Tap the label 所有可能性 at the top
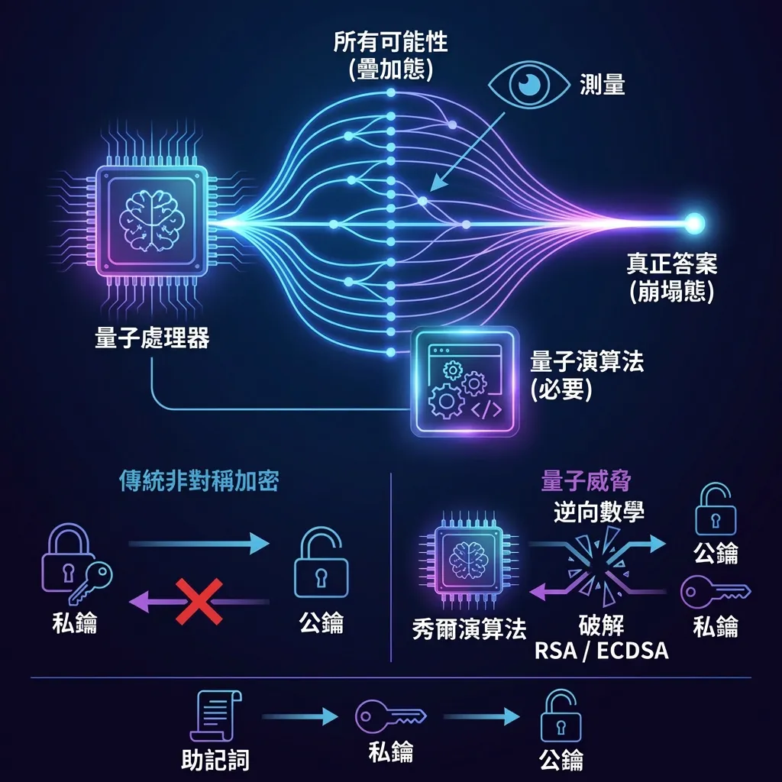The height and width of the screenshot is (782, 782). [x=390, y=42]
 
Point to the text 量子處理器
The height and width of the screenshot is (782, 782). [x=152, y=338]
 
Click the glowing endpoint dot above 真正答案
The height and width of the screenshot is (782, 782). [x=693, y=223]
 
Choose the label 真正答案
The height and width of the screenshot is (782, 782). [x=672, y=263]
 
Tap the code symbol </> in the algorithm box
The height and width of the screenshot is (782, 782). [x=486, y=410]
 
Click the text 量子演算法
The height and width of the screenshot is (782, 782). [x=587, y=361]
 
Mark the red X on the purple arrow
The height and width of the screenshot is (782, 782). [x=199, y=602]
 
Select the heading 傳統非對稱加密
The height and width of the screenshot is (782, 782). [x=199, y=481]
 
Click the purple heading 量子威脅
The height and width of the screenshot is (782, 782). [x=586, y=481]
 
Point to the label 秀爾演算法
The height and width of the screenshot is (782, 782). [x=470, y=629]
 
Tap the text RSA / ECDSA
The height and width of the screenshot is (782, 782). [x=602, y=651]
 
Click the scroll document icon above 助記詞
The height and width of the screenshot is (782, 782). [x=216, y=716]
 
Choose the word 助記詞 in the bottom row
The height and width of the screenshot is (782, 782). [x=215, y=760]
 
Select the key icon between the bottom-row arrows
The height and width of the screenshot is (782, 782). [x=391, y=716]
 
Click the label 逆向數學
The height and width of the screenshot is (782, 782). [x=599, y=512]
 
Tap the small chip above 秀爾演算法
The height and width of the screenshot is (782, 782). [x=469, y=560]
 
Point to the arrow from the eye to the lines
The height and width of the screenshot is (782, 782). [x=467, y=152]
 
